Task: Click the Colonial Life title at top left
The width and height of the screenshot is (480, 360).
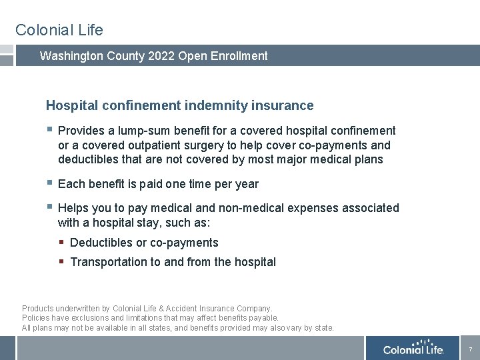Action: [59, 30]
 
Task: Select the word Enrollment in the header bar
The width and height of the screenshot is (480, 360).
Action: [238, 56]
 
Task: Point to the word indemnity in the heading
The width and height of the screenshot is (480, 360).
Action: [211, 105]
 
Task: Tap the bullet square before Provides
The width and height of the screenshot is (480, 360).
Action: [49, 130]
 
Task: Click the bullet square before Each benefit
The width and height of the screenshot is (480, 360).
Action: [49, 183]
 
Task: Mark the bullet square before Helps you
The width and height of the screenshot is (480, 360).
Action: [49, 207]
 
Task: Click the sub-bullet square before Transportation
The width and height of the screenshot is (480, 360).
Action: [62, 262]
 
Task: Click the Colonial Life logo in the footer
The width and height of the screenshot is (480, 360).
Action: [413, 349]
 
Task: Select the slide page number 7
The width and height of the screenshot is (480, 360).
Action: [470, 349]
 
